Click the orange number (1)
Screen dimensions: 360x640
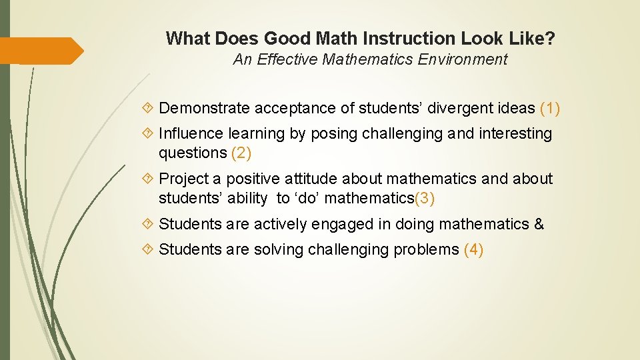(550, 108)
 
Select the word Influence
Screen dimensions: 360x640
(190, 133)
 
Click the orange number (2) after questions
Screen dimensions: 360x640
(241, 153)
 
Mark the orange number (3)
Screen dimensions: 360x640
(425, 198)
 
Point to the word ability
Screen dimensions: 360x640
(251, 198)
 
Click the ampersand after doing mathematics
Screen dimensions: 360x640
(539, 224)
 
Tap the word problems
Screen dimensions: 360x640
(426, 249)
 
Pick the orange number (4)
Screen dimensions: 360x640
(473, 249)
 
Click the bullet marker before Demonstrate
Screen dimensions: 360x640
(149, 108)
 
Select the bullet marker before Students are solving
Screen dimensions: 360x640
(149, 249)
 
